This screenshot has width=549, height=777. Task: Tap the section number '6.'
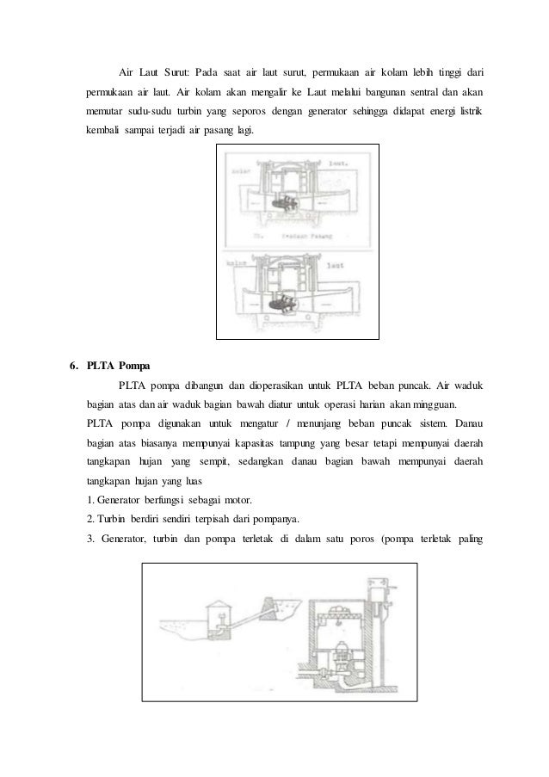(75, 365)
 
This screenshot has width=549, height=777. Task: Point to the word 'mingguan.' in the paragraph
(435, 404)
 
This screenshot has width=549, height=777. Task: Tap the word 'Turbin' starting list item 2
(114, 522)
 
